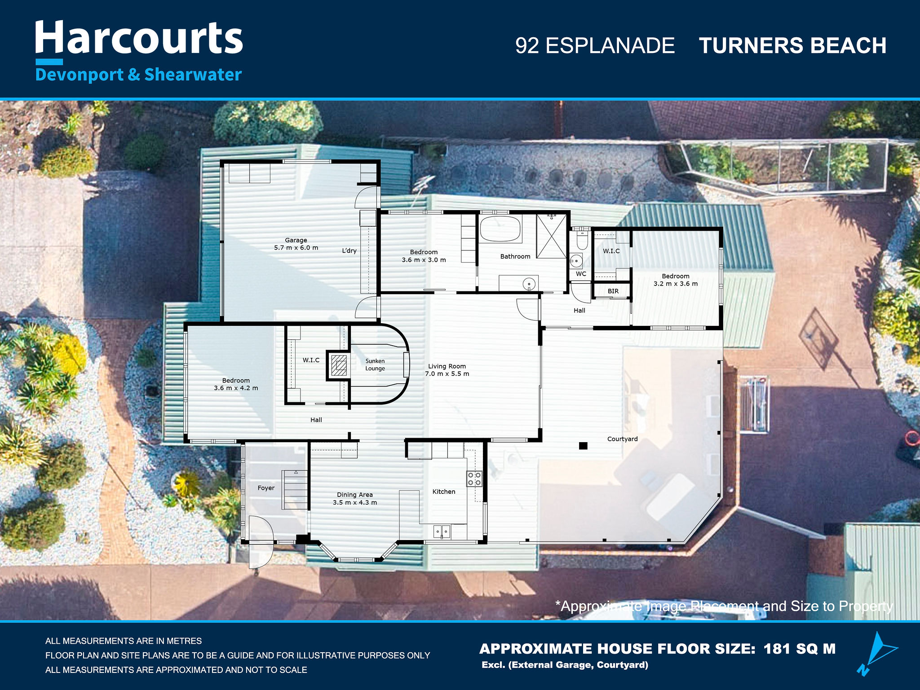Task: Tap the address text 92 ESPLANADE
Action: click(x=595, y=46)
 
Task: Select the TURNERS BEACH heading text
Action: click(x=792, y=46)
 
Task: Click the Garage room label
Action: click(x=296, y=240)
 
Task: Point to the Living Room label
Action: click(x=447, y=366)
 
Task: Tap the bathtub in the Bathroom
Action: click(x=500, y=229)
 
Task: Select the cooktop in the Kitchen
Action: click(x=474, y=479)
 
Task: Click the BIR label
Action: click(x=613, y=291)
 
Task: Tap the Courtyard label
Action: click(x=622, y=439)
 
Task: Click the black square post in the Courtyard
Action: click(x=583, y=446)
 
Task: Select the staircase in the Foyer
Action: click(x=295, y=489)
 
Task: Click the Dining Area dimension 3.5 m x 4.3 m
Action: click(x=355, y=502)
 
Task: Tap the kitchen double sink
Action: click(x=442, y=532)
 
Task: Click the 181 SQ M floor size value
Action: click(x=800, y=649)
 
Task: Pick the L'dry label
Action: click(x=349, y=251)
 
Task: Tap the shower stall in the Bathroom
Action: click(x=552, y=236)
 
